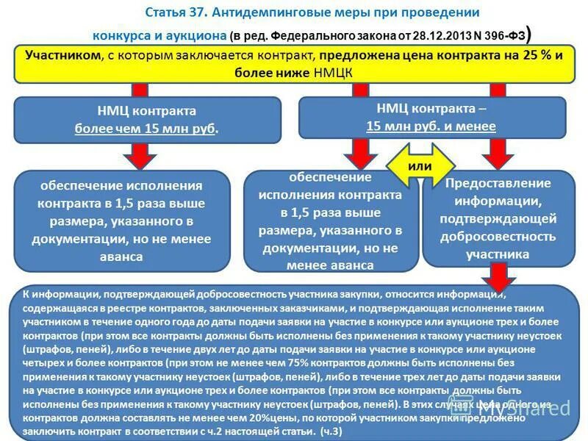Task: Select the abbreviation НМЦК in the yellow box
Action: click(335, 73)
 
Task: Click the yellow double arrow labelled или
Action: click(420, 166)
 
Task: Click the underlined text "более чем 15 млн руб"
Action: click(146, 128)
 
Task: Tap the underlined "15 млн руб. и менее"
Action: click(431, 126)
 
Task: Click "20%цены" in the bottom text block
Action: click(257, 417)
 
